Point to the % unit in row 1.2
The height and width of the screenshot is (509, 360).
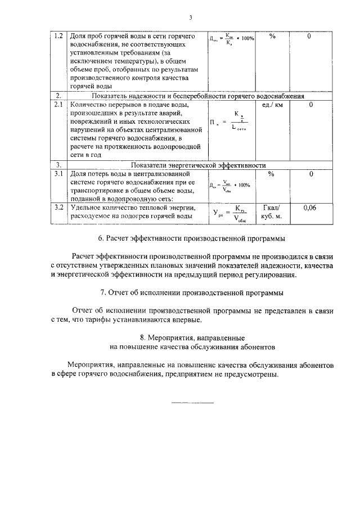point(272,37)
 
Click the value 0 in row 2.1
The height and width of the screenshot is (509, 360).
point(310,105)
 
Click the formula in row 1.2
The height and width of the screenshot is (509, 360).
point(232,39)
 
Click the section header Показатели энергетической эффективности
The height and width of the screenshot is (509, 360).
point(198,165)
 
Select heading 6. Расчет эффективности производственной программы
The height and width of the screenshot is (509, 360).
point(191,239)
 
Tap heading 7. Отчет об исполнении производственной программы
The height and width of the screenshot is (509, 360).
point(191,293)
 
